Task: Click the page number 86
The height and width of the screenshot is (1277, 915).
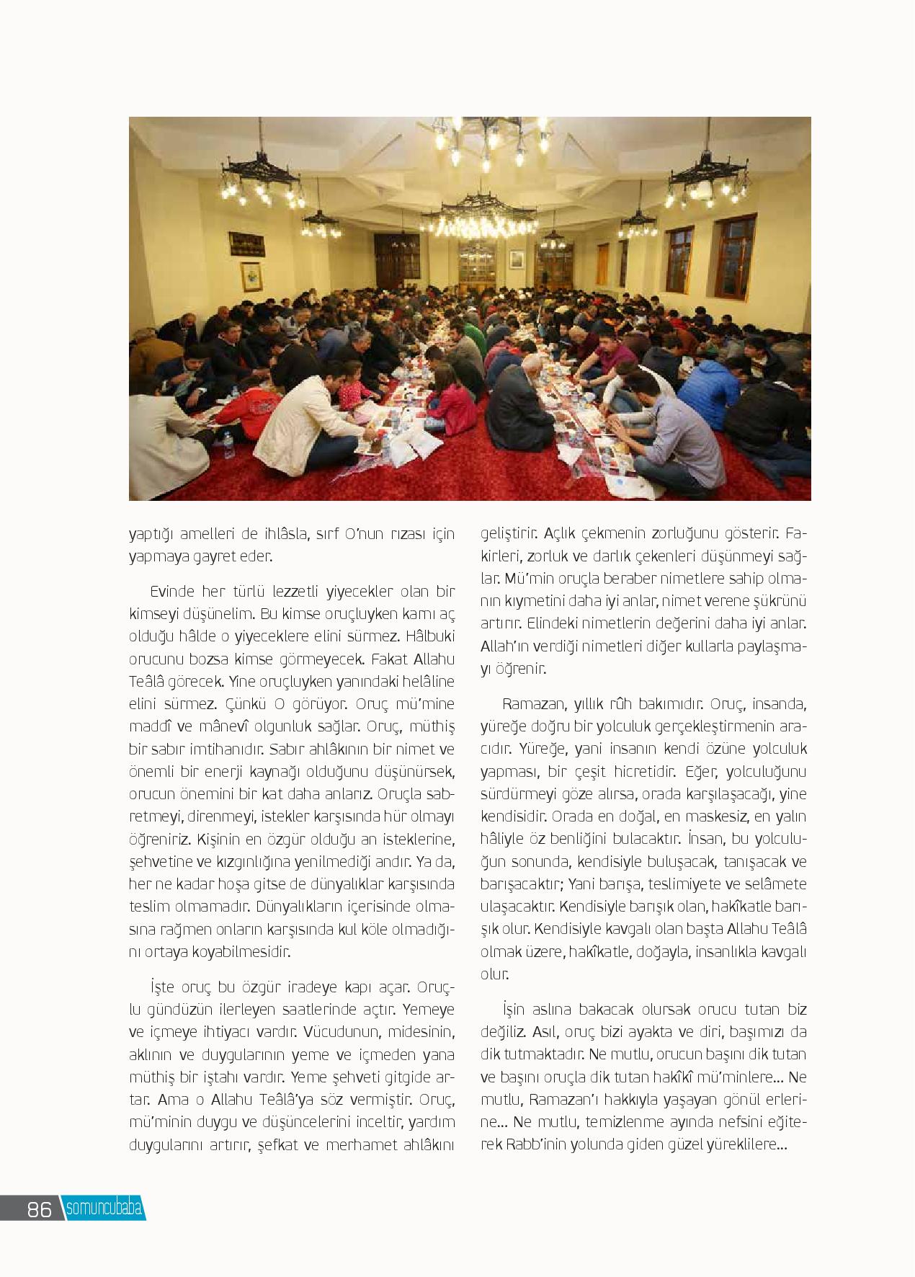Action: [40, 1209]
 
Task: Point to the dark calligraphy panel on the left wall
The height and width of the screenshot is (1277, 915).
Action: [245, 244]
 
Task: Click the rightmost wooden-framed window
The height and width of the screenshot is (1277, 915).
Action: [736, 257]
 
